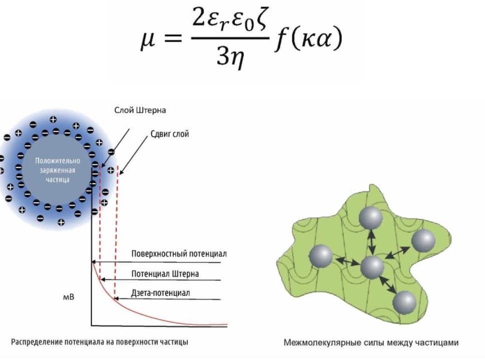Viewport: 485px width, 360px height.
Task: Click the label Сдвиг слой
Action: (170, 135)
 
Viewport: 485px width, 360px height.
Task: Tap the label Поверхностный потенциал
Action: (179, 253)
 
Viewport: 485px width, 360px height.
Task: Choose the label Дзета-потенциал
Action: (160, 292)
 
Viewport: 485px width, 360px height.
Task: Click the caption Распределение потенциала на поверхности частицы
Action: (100, 342)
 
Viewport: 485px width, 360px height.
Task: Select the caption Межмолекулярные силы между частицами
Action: (371, 343)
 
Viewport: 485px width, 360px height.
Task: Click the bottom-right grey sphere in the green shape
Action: (404, 302)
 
